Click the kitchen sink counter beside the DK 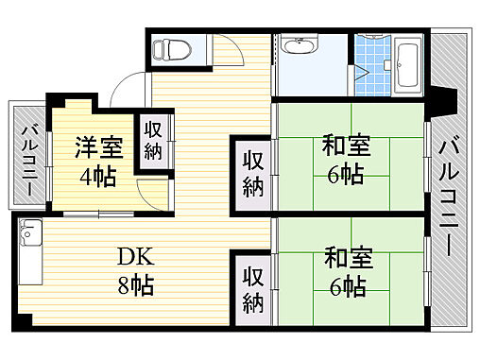click(30, 251)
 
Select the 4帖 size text click(96, 176)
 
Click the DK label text click(135, 255)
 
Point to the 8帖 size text click(135, 283)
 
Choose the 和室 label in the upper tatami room click(346, 146)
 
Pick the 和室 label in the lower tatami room click(346, 256)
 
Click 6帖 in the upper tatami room click(346, 175)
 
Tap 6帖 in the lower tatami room click(346, 285)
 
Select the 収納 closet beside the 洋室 click(153, 141)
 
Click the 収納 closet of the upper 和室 click(252, 172)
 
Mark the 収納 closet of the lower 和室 click(252, 289)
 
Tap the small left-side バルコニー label click(29, 158)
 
